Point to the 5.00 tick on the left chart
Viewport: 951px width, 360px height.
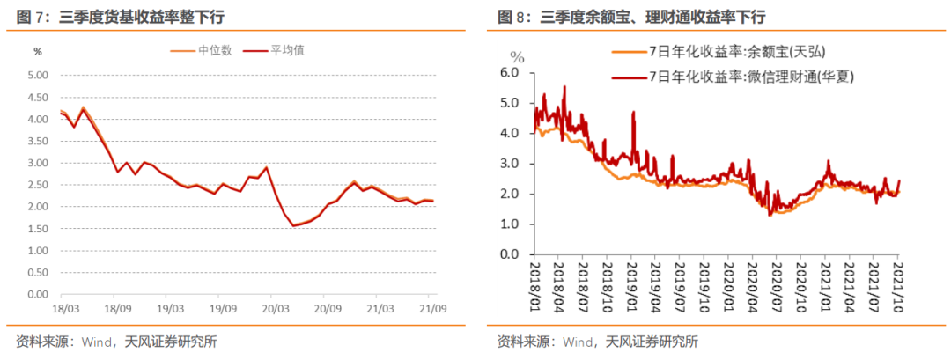(x=36, y=76)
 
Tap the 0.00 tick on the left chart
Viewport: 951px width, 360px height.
(x=36, y=295)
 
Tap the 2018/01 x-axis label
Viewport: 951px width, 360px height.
(x=535, y=283)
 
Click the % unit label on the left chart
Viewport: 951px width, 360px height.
(x=37, y=52)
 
